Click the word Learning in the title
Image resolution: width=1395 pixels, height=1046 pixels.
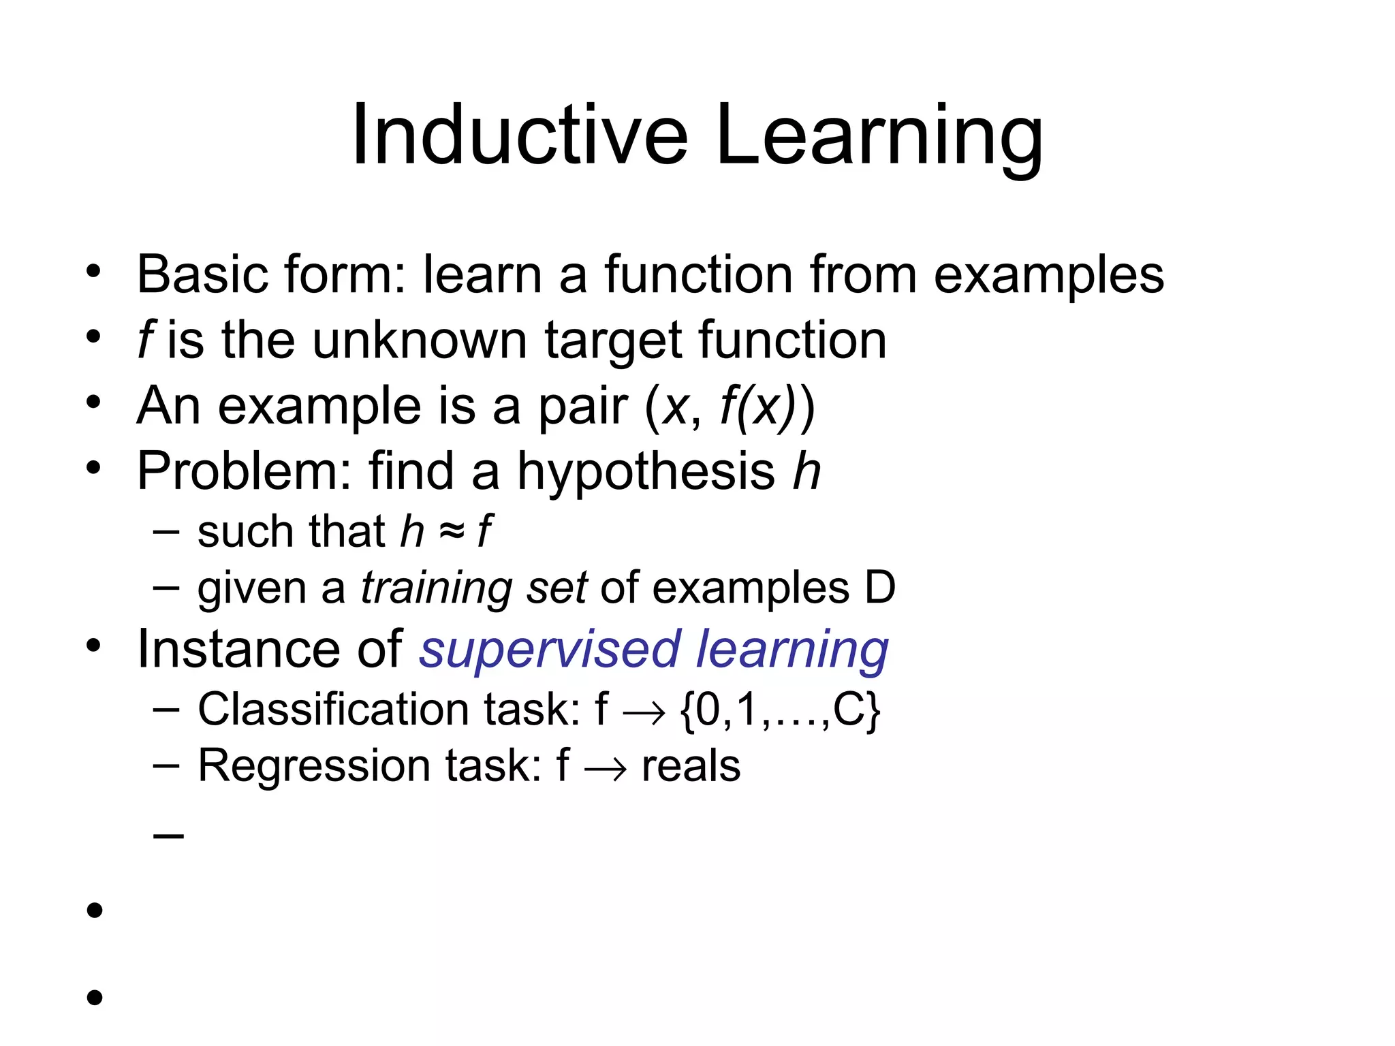coord(879,136)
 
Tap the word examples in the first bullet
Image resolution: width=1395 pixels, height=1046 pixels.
coord(1048,276)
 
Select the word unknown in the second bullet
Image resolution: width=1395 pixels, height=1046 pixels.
coord(419,340)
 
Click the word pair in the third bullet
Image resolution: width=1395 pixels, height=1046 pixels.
coord(582,407)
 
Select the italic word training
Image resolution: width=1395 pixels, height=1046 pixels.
coord(436,588)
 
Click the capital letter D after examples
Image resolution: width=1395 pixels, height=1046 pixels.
coord(879,587)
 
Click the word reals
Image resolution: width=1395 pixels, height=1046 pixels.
coord(691,767)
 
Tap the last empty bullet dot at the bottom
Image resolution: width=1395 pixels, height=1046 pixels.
coord(95,998)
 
